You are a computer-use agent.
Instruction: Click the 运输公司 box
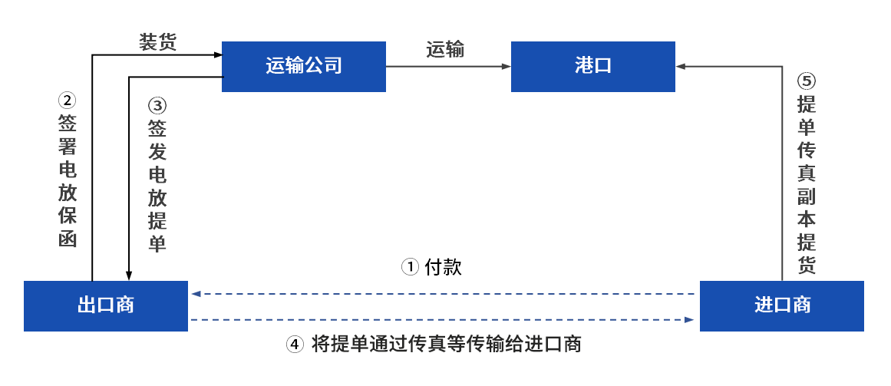point(303,67)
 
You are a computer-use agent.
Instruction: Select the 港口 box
point(592,67)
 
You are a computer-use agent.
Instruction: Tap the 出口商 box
point(106,306)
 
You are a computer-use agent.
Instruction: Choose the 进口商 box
point(781,306)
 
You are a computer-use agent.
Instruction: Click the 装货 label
point(157,43)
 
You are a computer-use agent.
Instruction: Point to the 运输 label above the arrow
point(445,49)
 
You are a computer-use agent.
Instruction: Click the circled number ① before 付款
point(411,266)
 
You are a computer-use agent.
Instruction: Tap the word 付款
point(444,266)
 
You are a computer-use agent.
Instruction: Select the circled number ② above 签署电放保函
point(67,101)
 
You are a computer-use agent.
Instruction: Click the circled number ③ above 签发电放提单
point(157,106)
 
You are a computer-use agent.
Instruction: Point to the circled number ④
point(295,344)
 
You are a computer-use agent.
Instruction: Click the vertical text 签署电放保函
point(67,181)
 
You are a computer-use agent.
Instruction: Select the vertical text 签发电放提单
point(157,186)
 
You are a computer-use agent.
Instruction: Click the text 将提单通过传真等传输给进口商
point(447,344)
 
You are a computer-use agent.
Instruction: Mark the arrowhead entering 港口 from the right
point(680,67)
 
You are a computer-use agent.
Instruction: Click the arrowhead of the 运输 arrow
point(507,67)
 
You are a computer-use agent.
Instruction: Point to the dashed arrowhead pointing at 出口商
point(196,294)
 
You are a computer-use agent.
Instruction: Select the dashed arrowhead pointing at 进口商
point(690,320)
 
